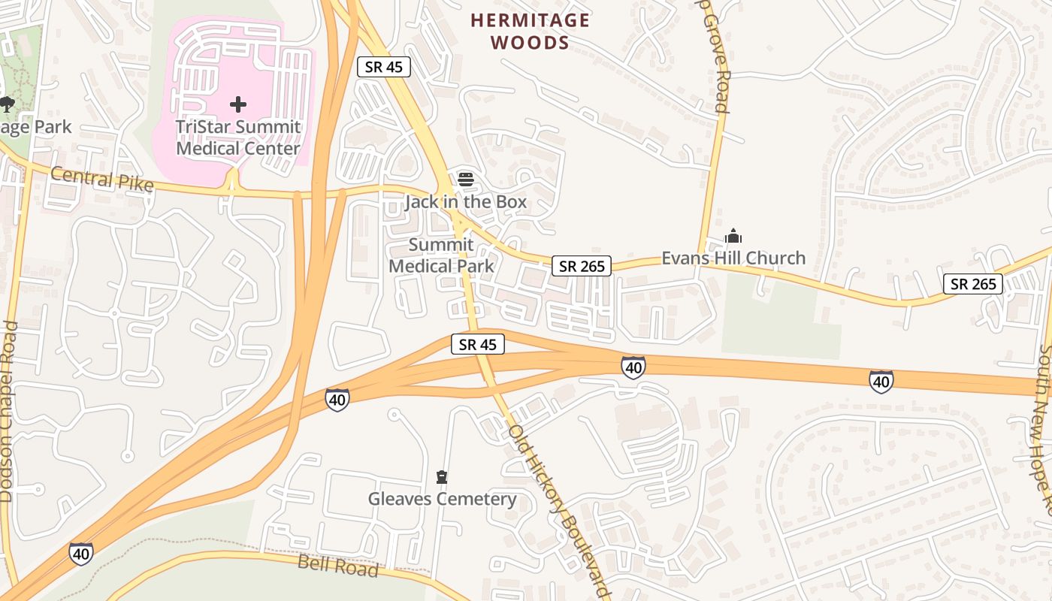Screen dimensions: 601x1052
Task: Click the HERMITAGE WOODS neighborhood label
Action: coord(530,32)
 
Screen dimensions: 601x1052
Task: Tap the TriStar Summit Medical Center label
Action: coord(237,137)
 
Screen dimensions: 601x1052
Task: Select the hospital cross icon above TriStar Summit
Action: coord(238,104)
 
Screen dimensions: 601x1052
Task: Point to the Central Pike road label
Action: coord(102,180)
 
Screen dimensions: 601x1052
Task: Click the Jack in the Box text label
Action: coord(466,202)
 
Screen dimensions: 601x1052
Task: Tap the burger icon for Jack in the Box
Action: coord(466,179)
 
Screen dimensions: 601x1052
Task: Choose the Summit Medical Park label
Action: coord(441,255)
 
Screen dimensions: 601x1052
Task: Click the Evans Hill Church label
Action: coord(733,258)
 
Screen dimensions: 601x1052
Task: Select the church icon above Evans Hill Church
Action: coord(733,237)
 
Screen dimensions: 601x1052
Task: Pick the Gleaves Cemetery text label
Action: coord(442,499)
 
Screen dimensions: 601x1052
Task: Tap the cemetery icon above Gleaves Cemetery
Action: coord(442,477)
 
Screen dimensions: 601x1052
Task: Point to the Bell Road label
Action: coord(338,565)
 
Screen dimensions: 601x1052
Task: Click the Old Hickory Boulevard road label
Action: coord(557,511)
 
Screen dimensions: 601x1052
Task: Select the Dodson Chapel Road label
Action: coord(8,412)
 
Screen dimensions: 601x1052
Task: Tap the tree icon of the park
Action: coord(8,104)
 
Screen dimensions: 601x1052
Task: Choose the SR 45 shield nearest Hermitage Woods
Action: coord(383,67)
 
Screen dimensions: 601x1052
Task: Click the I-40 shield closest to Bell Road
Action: coord(81,554)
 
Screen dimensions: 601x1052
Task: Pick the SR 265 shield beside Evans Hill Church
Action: coord(582,266)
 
